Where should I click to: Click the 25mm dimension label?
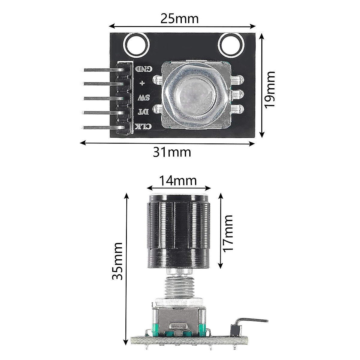180,19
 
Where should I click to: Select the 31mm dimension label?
172,152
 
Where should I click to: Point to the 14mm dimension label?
178,181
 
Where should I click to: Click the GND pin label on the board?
145,69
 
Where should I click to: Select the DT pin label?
142,112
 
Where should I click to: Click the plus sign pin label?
141,83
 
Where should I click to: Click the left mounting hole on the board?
136,45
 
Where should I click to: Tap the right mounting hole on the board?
230,45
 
